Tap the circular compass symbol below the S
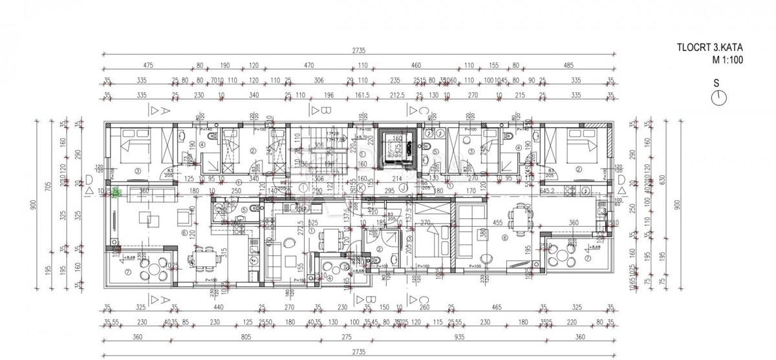[717, 98]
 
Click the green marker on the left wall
[116, 192]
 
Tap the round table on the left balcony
[155, 269]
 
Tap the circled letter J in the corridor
[403, 189]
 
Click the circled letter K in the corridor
[360, 188]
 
